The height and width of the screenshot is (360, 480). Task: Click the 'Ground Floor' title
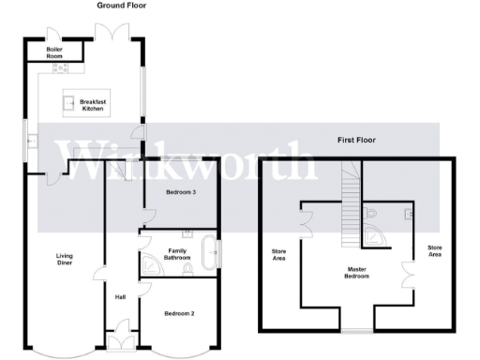pos(121,6)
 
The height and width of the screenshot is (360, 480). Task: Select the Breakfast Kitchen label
pos(92,105)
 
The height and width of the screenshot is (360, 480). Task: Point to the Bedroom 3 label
pos(180,192)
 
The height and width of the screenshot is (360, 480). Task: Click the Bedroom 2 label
pos(178,312)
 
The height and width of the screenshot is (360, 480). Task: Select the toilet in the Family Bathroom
pos(189,268)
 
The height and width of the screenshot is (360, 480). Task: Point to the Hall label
pos(120,297)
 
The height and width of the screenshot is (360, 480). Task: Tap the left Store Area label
pos(278,254)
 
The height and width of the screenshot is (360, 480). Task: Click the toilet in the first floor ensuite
pos(373,215)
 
